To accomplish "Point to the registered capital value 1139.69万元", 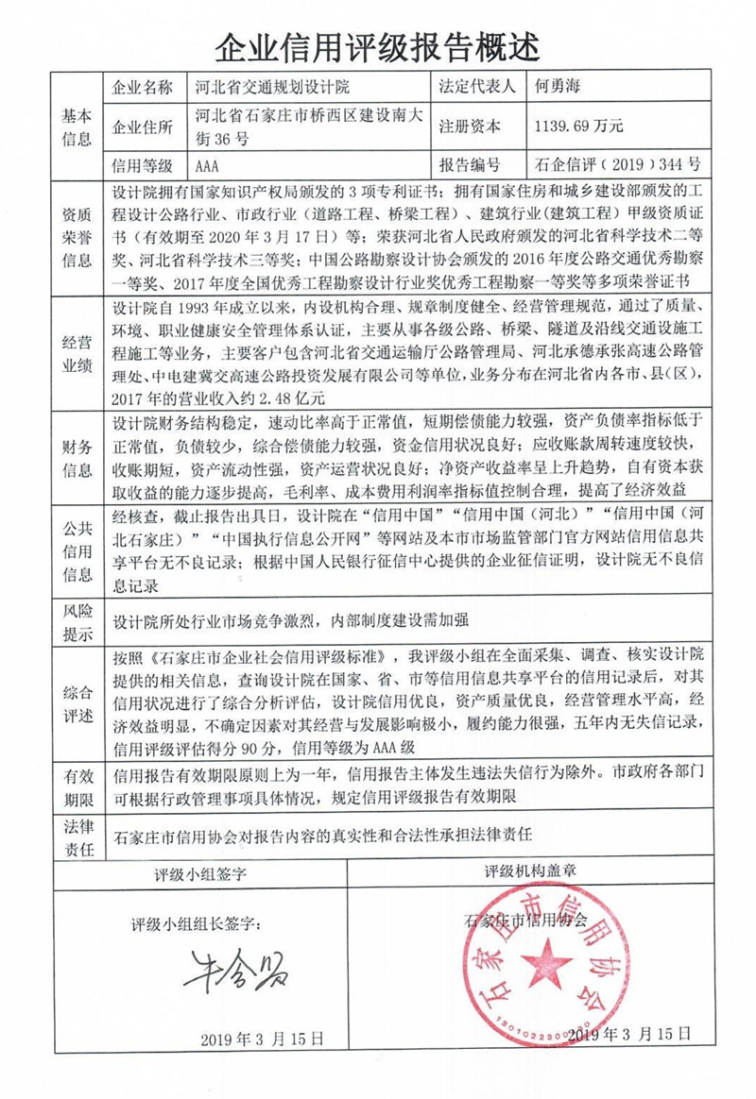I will coord(579,125).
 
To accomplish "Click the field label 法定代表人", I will coord(477,88).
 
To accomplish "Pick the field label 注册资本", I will coord(471,125).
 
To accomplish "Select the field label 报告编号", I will coord(471,164).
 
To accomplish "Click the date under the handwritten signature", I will coord(262,1038).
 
